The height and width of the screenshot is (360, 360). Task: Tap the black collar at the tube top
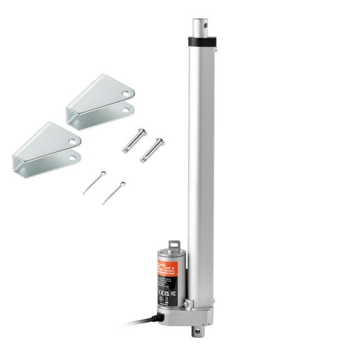pos(201,42)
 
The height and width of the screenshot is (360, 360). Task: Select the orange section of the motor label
pos(167,269)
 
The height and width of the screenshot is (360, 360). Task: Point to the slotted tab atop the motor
pos(174,246)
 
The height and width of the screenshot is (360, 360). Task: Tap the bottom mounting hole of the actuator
pos(198,332)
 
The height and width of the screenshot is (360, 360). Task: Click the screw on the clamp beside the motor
pos(186,304)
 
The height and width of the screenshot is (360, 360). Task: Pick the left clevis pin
pos(134,140)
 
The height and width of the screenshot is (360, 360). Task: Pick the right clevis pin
pos(152,150)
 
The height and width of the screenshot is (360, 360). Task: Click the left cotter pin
pos(94,182)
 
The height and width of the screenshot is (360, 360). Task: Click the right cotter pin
pos(114,193)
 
